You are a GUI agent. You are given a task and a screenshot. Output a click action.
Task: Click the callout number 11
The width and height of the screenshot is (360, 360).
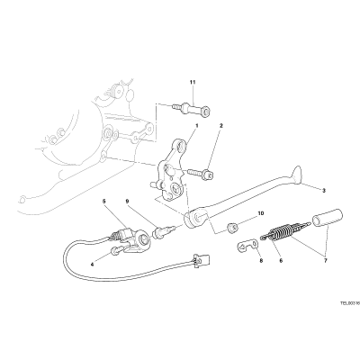point(193,82)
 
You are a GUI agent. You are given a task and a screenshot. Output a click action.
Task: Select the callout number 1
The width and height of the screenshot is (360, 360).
point(197,126)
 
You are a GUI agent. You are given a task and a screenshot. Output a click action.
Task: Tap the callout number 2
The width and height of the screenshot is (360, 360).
point(221,126)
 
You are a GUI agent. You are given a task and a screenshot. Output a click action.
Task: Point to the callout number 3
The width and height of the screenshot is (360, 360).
point(324,191)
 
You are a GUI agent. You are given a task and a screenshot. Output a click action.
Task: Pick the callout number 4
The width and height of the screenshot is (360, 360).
point(93,265)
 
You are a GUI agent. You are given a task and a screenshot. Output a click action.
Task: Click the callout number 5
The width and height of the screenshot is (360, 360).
point(104,202)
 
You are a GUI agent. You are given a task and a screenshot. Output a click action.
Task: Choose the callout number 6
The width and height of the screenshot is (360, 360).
point(281,261)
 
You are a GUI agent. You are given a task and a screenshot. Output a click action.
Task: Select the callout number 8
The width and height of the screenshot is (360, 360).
point(261,261)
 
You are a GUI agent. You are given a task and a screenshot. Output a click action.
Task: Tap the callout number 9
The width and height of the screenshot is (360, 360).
point(127,202)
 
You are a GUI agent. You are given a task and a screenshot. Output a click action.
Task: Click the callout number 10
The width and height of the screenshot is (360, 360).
point(260,213)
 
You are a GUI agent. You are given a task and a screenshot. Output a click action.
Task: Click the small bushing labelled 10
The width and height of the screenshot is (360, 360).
point(233,228)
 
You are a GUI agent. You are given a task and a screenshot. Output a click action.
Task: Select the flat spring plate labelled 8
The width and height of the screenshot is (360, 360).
point(247,245)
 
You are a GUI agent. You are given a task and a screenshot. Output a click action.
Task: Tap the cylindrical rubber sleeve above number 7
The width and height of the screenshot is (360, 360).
point(328,218)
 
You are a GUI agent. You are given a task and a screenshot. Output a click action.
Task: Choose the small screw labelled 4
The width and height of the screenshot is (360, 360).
point(118,250)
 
